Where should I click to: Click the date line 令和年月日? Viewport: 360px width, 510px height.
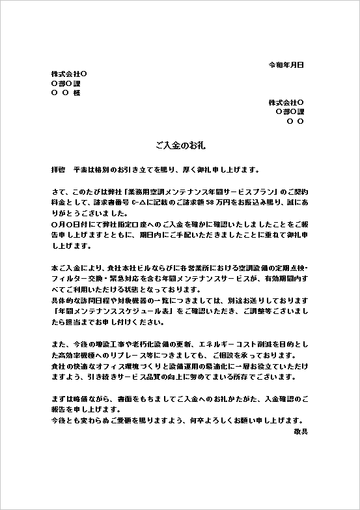point(286,65)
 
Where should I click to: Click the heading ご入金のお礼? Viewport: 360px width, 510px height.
point(180,141)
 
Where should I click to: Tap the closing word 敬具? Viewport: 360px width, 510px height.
point(299,432)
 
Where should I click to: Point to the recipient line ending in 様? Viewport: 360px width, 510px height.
point(65,93)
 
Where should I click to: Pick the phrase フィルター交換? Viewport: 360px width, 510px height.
point(74,279)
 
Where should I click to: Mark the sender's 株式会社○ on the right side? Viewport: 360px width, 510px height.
point(286,102)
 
